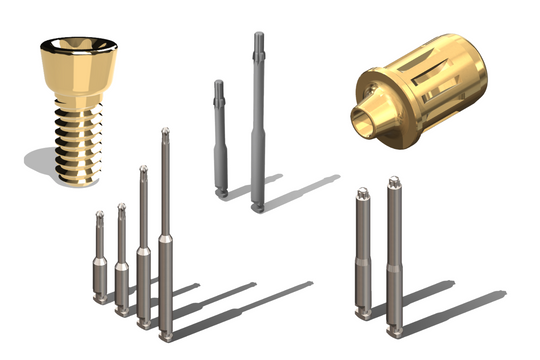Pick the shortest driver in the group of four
point(99,260)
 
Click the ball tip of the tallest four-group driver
point(165,132)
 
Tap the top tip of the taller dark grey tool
point(258,37)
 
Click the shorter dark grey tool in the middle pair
point(219,140)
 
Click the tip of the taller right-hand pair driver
point(393,182)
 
